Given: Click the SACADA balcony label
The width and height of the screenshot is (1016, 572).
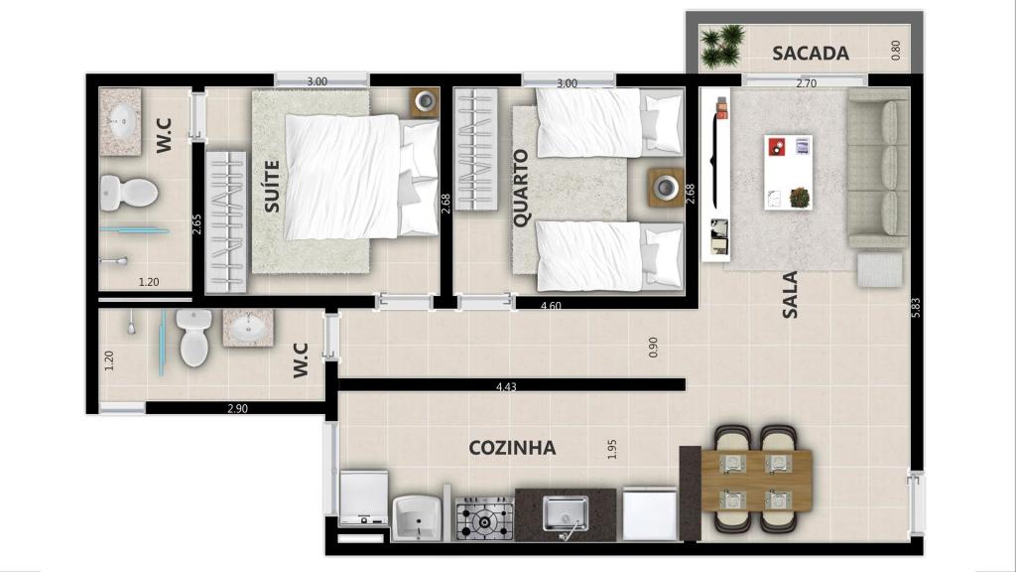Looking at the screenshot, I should click(811, 53).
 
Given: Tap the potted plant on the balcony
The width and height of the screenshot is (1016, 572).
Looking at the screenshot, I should click(722, 46).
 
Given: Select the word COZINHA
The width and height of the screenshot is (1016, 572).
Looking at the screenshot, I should click(512, 448).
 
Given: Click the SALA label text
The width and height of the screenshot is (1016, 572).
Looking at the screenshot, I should click(791, 294).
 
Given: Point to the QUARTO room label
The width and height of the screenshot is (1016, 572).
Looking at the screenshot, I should click(521, 188).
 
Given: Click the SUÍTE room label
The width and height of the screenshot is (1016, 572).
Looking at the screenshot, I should click(272, 187).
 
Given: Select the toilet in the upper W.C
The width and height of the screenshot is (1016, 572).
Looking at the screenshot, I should click(130, 191).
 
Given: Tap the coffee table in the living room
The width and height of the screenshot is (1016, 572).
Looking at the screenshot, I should click(788, 172).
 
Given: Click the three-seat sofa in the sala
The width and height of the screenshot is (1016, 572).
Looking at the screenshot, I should click(879, 167).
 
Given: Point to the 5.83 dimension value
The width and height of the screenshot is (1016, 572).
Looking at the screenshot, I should click(916, 309).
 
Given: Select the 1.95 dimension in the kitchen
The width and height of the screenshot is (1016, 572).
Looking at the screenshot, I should click(612, 449).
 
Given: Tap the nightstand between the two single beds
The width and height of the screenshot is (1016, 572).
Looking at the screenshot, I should click(664, 187).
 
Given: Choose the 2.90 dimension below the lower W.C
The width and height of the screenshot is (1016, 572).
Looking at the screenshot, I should click(236, 408).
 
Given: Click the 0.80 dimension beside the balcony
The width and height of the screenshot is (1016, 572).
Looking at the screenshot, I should click(896, 51).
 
